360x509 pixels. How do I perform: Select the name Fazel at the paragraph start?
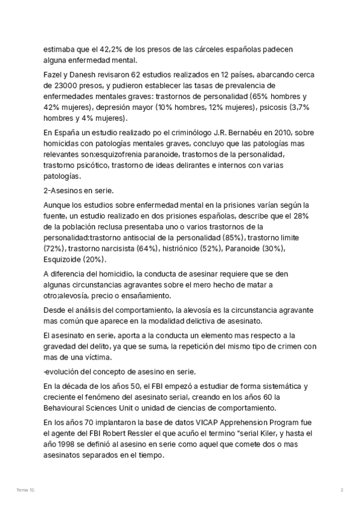53,74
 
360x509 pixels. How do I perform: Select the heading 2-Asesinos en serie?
79,190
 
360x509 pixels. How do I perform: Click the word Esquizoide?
64,259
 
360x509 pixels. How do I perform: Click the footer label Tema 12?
26,490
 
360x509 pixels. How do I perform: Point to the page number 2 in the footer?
341,490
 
